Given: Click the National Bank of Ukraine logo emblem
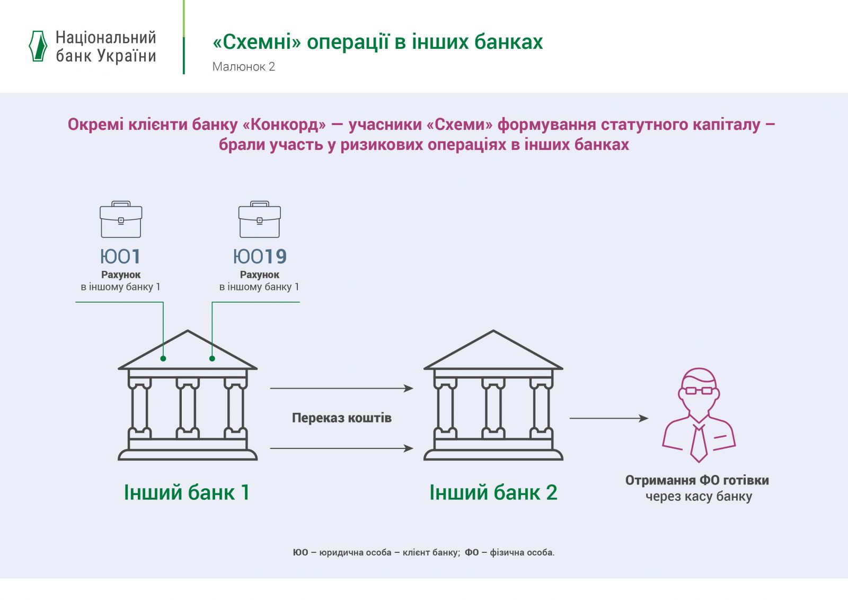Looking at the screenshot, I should pyautogui.click(x=38, y=46).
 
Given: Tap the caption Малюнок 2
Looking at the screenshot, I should pyautogui.click(x=244, y=67).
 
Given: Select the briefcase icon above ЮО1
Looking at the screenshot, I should pyautogui.click(x=121, y=219).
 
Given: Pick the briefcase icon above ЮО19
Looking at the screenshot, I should pyautogui.click(x=260, y=219).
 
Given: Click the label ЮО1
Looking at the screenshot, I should pyautogui.click(x=121, y=257).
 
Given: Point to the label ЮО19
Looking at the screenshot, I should pyautogui.click(x=260, y=257).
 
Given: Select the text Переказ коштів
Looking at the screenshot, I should pyautogui.click(x=342, y=418).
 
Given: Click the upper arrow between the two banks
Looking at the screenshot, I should pyautogui.click(x=341, y=389).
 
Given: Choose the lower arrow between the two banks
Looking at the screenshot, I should pyautogui.click(x=341, y=448).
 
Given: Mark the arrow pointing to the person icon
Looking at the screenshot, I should pyautogui.click(x=608, y=418).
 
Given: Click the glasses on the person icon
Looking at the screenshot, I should pyautogui.click(x=699, y=391).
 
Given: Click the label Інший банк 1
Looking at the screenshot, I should pyautogui.click(x=187, y=492).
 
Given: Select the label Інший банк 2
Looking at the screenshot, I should pyautogui.click(x=493, y=492).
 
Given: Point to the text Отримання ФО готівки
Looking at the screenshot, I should pyautogui.click(x=697, y=480).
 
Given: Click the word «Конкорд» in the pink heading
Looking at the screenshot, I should pyautogui.click(x=284, y=125).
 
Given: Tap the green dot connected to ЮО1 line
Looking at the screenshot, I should pyautogui.click(x=163, y=359).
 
